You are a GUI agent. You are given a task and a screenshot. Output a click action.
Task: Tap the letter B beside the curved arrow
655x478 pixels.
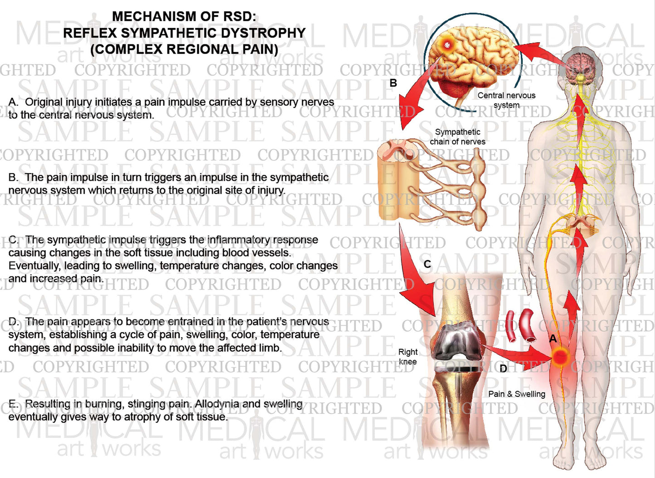(393, 83)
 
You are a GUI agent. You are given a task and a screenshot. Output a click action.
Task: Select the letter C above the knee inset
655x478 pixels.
(427, 264)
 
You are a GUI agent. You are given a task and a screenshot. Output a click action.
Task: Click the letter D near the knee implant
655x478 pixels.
(503, 369)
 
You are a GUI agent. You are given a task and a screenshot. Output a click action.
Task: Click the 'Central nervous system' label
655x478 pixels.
(506, 100)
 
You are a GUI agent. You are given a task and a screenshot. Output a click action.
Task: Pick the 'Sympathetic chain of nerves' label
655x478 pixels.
(457, 137)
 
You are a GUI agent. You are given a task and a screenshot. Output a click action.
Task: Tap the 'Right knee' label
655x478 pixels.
(408, 357)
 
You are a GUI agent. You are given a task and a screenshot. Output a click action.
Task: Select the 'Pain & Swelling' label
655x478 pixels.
(517, 394)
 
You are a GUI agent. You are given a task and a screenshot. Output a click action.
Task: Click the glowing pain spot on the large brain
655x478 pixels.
(448, 44)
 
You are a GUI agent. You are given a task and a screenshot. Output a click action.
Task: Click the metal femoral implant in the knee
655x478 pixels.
(455, 343)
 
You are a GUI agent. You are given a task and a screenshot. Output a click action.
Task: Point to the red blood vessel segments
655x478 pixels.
(520, 325)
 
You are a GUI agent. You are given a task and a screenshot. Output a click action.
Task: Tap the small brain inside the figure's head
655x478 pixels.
(582, 64)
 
